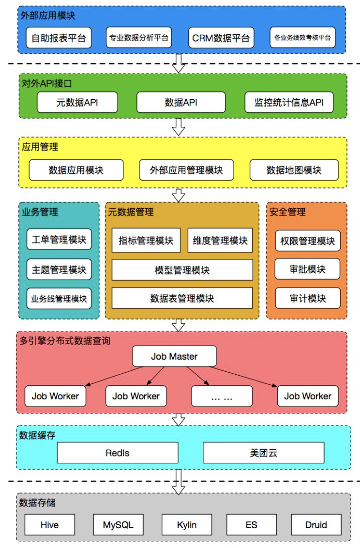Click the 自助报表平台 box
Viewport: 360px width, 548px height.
tap(59, 38)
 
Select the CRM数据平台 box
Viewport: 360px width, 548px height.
tap(221, 38)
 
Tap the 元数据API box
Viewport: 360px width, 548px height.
tap(77, 102)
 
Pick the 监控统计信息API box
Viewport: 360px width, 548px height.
tap(289, 102)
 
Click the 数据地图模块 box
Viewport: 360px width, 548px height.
tap(294, 170)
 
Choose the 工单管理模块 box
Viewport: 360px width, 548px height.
tap(59, 240)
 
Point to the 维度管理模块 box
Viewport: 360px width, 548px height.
tap(220, 241)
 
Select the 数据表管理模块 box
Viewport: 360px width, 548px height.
tap(182, 298)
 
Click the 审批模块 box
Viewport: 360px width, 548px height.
tap(307, 269)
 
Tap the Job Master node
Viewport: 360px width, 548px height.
tap(174, 356)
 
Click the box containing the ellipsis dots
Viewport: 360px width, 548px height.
tap(222, 396)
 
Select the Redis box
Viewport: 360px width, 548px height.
tap(118, 453)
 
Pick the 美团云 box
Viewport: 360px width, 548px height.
tap(263, 453)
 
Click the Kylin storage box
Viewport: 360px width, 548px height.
tap(187, 525)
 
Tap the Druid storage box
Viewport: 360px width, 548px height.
tap(316, 525)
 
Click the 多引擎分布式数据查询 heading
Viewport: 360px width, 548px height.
tap(65, 340)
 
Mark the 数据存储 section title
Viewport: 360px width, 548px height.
tap(37, 502)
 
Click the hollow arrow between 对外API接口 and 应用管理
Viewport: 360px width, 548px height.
tap(179, 127)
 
